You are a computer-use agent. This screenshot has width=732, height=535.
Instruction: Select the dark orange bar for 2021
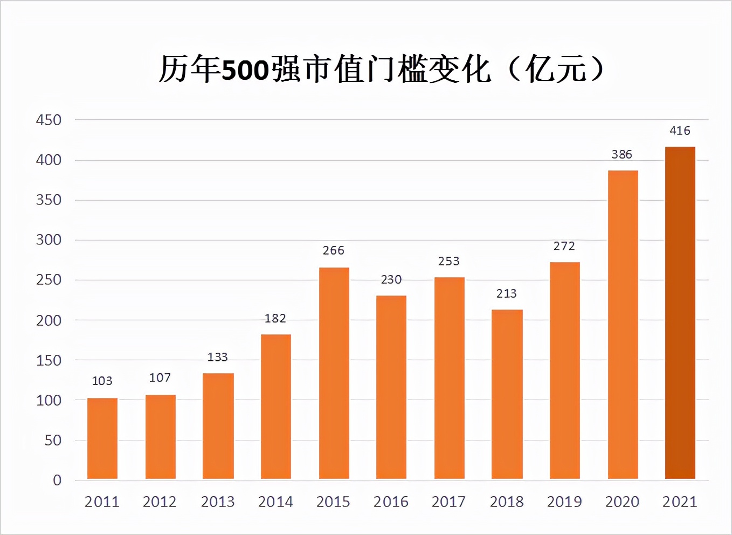680,313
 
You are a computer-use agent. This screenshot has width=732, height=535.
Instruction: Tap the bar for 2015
334,373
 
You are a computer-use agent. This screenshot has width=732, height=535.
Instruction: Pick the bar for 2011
102,438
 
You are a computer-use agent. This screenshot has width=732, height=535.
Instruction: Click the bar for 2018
507,394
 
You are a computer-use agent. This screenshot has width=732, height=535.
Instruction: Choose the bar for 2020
623,325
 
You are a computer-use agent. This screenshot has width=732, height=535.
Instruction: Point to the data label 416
680,131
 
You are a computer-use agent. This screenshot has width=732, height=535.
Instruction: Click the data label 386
621,154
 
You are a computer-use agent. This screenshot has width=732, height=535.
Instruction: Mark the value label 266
333,250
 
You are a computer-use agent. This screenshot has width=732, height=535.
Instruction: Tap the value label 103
102,381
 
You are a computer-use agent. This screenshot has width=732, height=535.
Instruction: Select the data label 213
506,293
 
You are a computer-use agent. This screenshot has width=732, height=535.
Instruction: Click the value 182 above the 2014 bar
275,318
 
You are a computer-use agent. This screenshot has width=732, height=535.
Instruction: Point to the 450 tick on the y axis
49,120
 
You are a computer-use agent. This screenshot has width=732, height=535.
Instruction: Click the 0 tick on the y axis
57,480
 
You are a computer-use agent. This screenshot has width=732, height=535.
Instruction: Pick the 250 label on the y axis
49,280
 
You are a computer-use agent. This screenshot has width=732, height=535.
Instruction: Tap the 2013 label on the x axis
217,502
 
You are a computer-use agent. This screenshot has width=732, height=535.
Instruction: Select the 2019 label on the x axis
564,502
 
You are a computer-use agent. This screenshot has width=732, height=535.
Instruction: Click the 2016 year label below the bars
391,502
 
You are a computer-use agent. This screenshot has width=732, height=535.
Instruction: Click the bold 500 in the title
245,71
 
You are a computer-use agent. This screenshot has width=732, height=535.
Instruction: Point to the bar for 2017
449,378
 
